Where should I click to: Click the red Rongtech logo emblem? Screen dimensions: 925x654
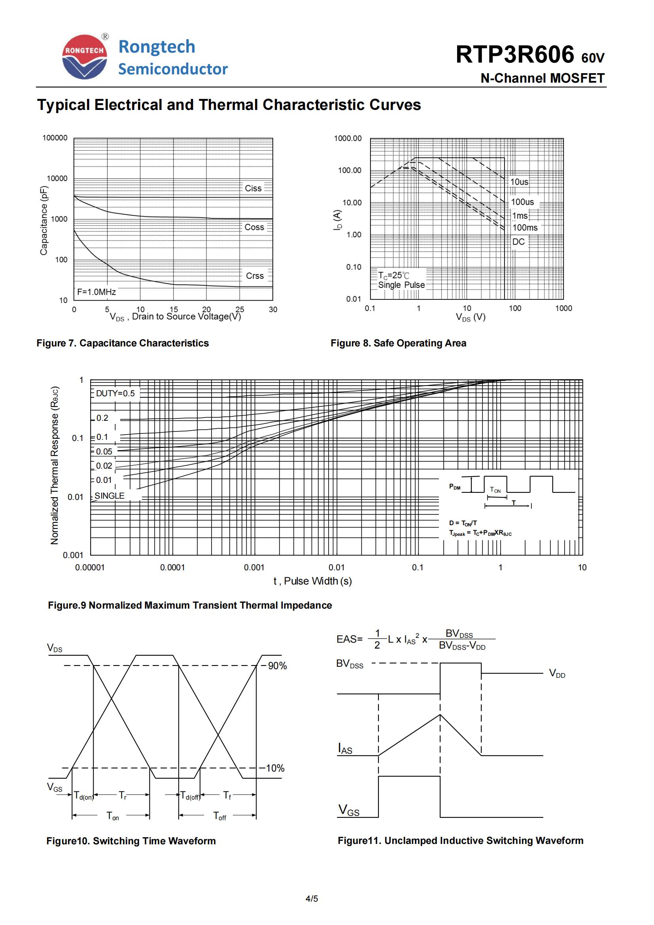click(x=85, y=57)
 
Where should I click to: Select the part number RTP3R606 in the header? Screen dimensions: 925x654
click(x=514, y=55)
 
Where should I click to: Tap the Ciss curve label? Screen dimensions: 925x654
click(x=253, y=188)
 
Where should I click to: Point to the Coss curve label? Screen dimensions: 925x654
click(x=254, y=227)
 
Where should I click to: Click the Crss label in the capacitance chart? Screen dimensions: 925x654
click(x=255, y=276)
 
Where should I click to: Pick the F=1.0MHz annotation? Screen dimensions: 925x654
click(x=96, y=292)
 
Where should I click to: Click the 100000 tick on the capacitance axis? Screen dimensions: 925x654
click(x=55, y=138)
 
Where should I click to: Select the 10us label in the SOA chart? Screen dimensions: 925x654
click(x=519, y=182)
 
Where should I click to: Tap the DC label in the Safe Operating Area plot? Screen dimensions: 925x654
click(x=518, y=242)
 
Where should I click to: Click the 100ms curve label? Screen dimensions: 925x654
click(x=525, y=228)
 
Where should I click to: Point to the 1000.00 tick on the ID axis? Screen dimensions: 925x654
click(x=348, y=138)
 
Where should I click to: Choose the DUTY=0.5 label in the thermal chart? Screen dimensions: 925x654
click(x=115, y=393)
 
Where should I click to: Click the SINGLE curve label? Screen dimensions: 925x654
click(x=110, y=496)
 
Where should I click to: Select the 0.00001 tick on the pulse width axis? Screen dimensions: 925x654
click(x=90, y=567)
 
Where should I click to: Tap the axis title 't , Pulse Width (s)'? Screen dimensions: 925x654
click(x=312, y=581)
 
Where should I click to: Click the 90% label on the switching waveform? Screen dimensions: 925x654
click(x=277, y=666)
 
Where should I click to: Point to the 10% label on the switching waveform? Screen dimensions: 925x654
click(x=275, y=768)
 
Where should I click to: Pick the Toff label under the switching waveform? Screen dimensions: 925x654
click(x=219, y=816)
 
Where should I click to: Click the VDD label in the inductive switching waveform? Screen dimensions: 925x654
click(x=557, y=673)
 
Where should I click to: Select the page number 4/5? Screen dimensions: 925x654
click(x=312, y=899)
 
